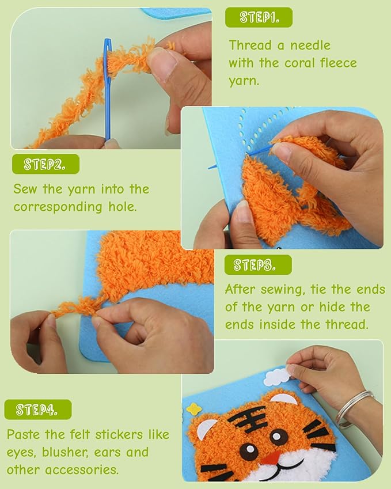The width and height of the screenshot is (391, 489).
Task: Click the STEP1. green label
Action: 259,17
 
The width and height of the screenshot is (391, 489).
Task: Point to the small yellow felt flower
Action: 193,409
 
